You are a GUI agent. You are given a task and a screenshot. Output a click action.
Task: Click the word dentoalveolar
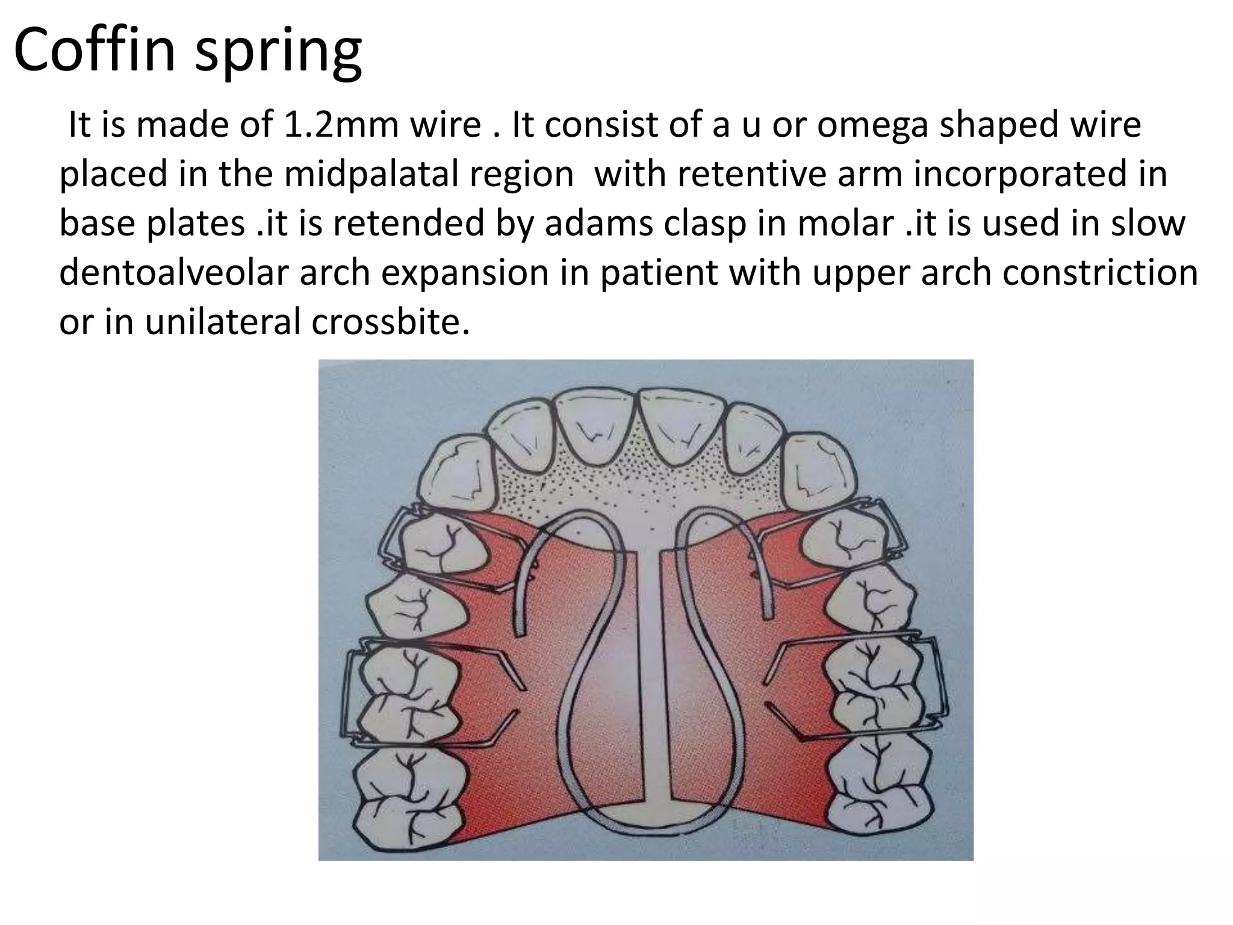pos(174,273)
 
